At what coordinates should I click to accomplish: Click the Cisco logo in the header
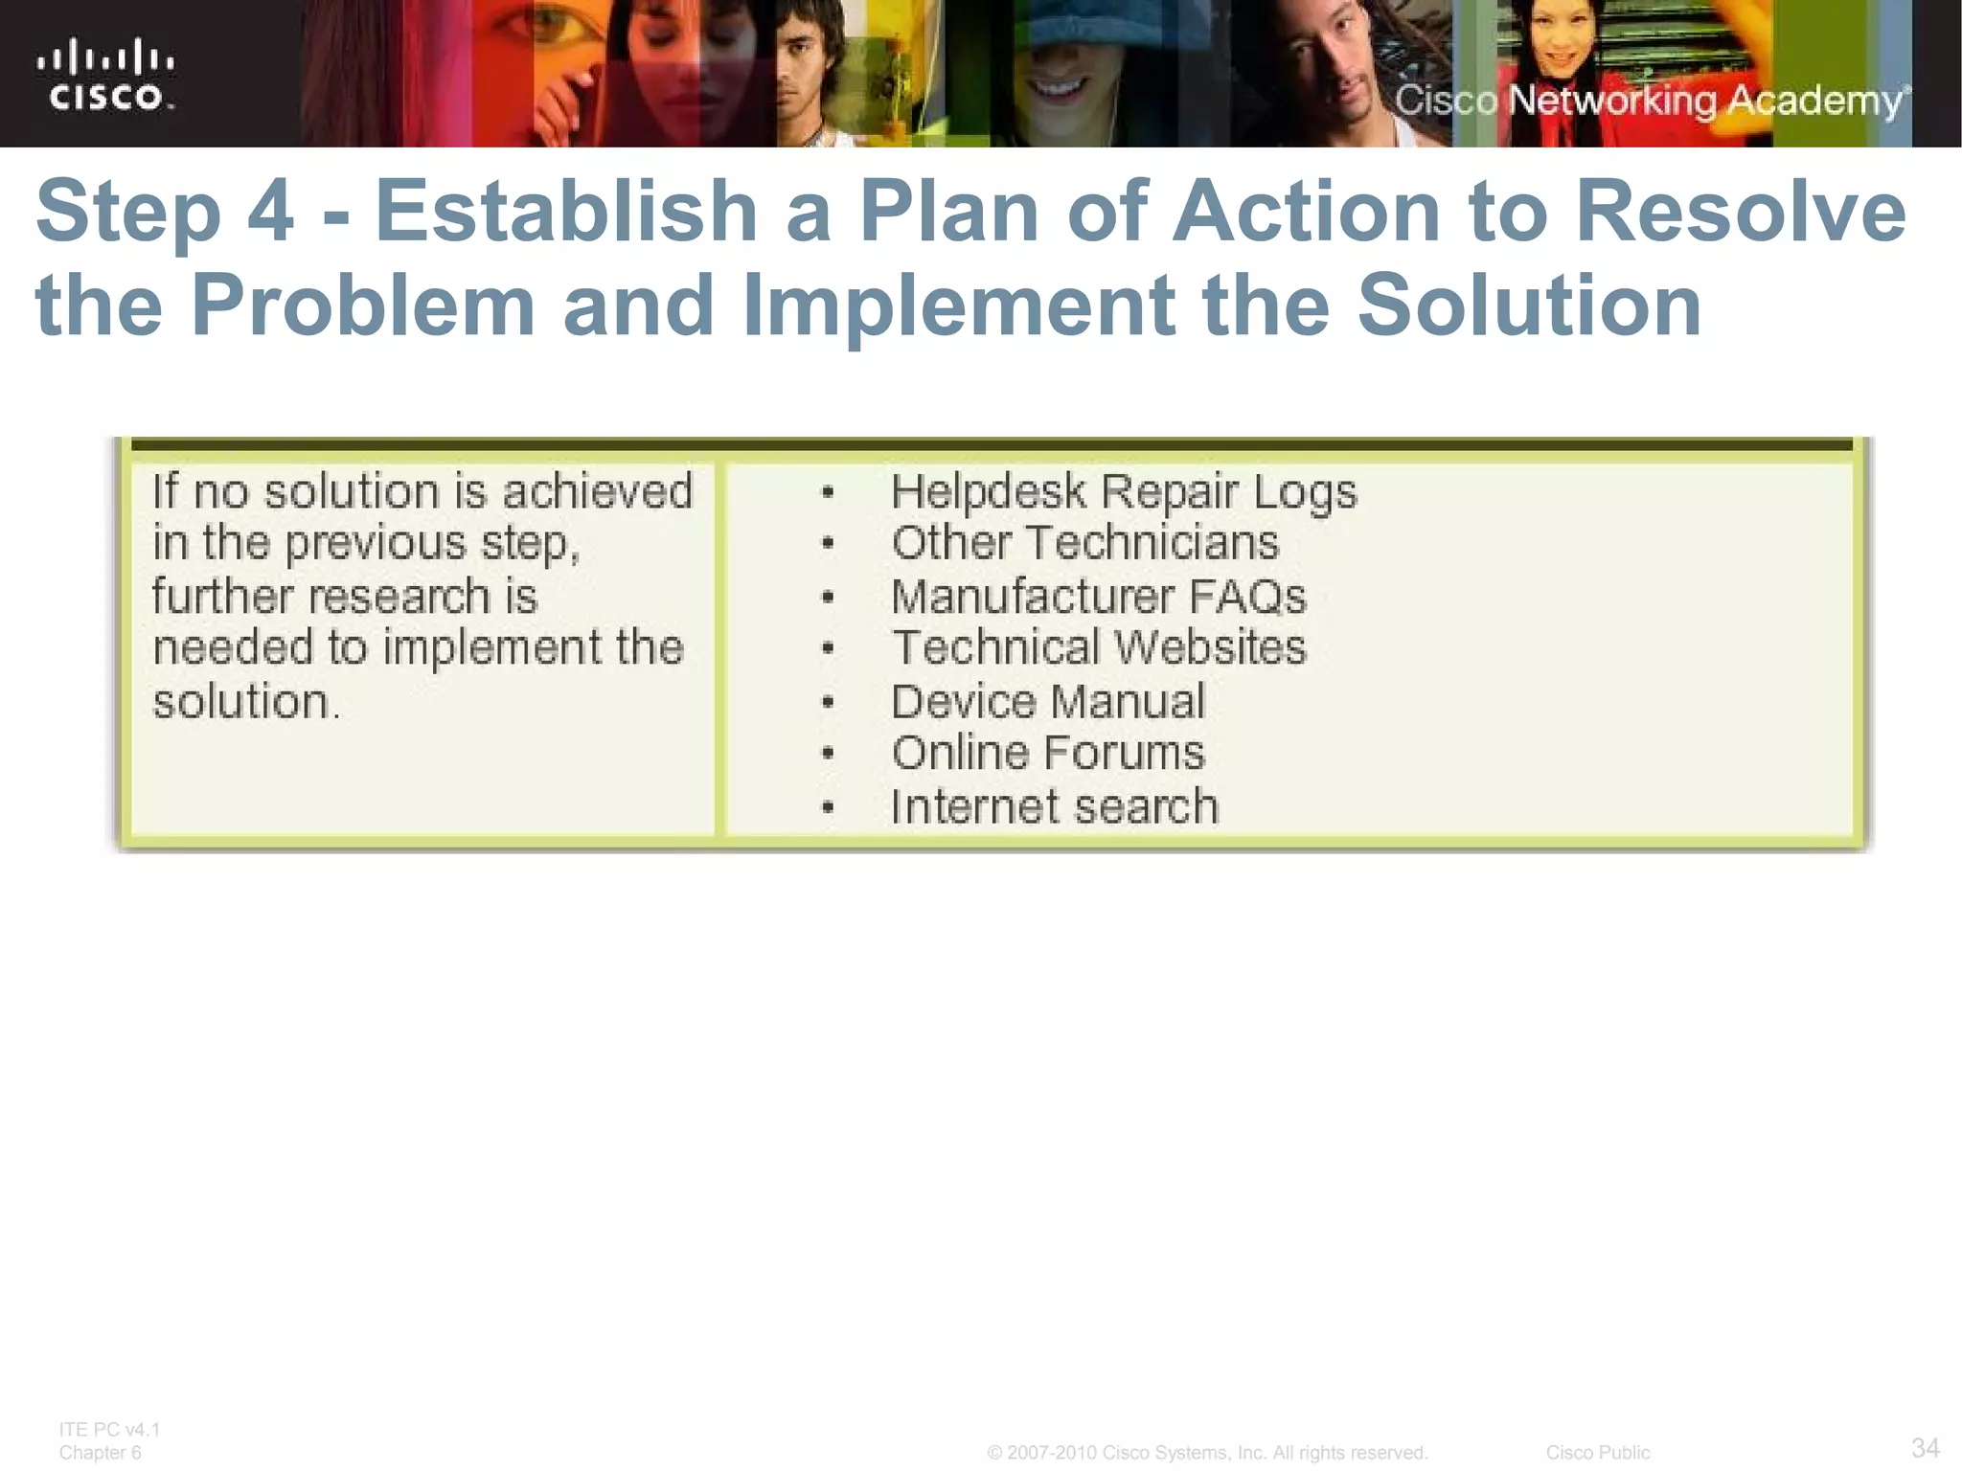106,75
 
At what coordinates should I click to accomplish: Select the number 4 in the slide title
270,212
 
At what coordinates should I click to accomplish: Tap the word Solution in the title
1529,306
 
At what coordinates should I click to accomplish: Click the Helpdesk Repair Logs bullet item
1123,492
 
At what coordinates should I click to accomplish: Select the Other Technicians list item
1084,543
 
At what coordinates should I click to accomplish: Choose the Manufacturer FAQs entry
1098,597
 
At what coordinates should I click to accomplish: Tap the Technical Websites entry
1098,647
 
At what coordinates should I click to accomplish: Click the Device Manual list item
1047,701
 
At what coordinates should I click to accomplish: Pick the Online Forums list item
1047,753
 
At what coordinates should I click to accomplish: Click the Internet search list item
1054,806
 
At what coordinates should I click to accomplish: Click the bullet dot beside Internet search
829,808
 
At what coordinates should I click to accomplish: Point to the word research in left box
399,597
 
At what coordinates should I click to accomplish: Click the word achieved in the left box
597,492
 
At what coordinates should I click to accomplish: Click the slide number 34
1925,1447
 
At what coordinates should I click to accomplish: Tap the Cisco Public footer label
1597,1453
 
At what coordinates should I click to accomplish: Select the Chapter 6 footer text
100,1453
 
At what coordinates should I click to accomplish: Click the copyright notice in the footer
1207,1453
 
